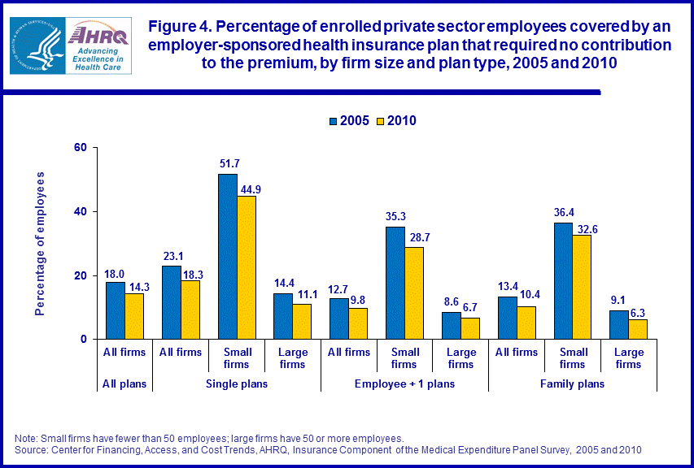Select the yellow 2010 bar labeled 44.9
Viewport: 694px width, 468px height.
[247, 267]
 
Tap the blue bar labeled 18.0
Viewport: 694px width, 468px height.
[116, 310]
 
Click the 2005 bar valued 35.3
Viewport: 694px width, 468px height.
[395, 283]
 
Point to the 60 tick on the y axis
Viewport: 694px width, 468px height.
[80, 148]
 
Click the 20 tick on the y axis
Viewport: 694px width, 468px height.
[80, 275]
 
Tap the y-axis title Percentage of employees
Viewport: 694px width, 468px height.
[40, 243]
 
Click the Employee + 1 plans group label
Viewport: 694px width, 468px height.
[404, 383]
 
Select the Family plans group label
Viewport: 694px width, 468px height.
[572, 383]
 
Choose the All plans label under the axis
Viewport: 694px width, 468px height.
[124, 383]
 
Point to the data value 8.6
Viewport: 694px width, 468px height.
[451, 301]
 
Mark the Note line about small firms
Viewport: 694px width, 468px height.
[209, 438]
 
